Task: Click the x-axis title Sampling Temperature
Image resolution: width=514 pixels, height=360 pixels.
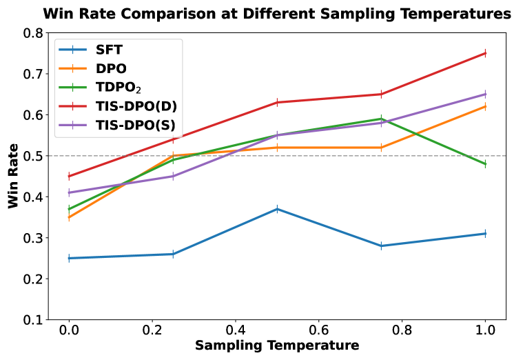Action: click(x=277, y=345)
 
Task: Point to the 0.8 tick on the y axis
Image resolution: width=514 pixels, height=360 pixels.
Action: click(x=32, y=33)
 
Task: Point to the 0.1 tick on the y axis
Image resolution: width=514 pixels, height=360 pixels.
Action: click(x=32, y=320)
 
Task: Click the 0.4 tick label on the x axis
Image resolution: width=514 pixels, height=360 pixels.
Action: click(x=236, y=330)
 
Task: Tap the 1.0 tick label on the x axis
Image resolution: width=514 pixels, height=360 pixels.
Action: click(x=485, y=330)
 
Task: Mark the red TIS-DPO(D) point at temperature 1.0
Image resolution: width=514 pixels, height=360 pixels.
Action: click(x=485, y=53)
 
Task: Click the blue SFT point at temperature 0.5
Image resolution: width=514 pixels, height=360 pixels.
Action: click(x=277, y=209)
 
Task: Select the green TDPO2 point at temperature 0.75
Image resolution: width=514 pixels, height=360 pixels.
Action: click(x=381, y=119)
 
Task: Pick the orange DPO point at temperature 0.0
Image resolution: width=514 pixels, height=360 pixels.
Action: click(x=69, y=217)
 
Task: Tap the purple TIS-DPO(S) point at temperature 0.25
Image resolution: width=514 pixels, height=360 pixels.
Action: click(x=173, y=176)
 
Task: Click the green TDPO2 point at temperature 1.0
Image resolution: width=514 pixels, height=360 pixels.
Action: click(x=485, y=164)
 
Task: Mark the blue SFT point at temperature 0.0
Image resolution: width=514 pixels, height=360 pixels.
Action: click(x=69, y=258)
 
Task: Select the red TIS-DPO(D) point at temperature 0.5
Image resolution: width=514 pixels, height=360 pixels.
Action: click(x=277, y=102)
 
